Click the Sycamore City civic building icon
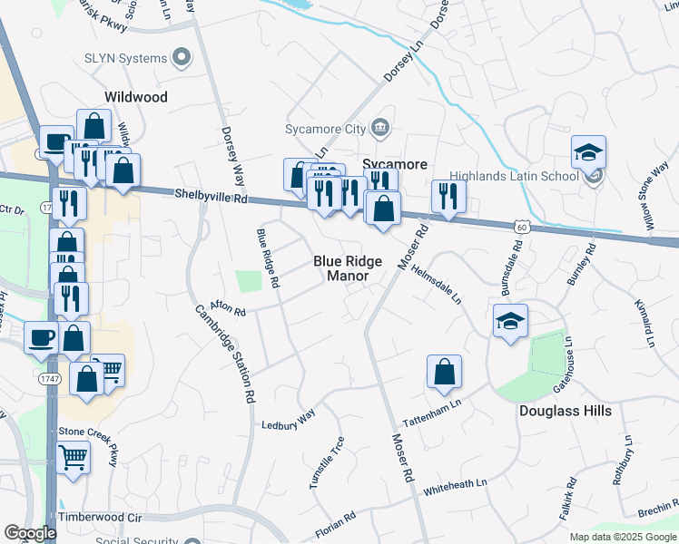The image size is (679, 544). tap(381, 128)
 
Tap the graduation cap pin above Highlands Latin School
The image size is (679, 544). tap(588, 153)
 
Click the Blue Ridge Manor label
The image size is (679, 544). tap(348, 267)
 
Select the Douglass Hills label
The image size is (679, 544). tap(565, 411)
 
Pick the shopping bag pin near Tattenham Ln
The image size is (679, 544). tap(444, 372)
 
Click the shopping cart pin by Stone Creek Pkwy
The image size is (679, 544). tap(74, 458)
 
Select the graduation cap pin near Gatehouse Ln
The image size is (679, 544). tap(510, 321)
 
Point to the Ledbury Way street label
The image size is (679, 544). tap(288, 419)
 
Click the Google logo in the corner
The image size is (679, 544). tap(30, 533)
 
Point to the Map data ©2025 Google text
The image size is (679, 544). tap(623, 537)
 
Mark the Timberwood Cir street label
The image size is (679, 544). tap(101, 517)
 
